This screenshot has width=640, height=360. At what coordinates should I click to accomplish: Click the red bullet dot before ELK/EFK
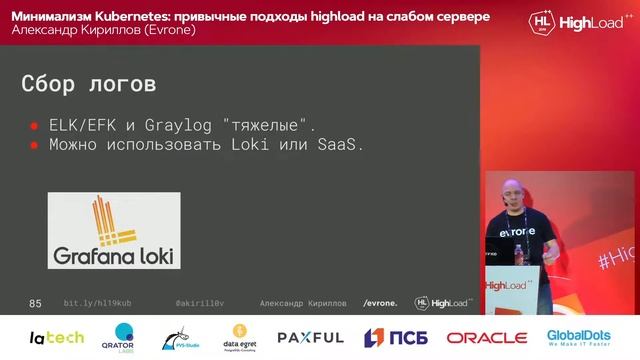point(33,127)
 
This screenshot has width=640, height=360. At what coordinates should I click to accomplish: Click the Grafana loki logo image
point(114,230)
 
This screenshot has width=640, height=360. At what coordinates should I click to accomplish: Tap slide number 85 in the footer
point(35,302)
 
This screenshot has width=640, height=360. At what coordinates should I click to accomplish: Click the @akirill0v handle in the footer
point(200,302)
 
